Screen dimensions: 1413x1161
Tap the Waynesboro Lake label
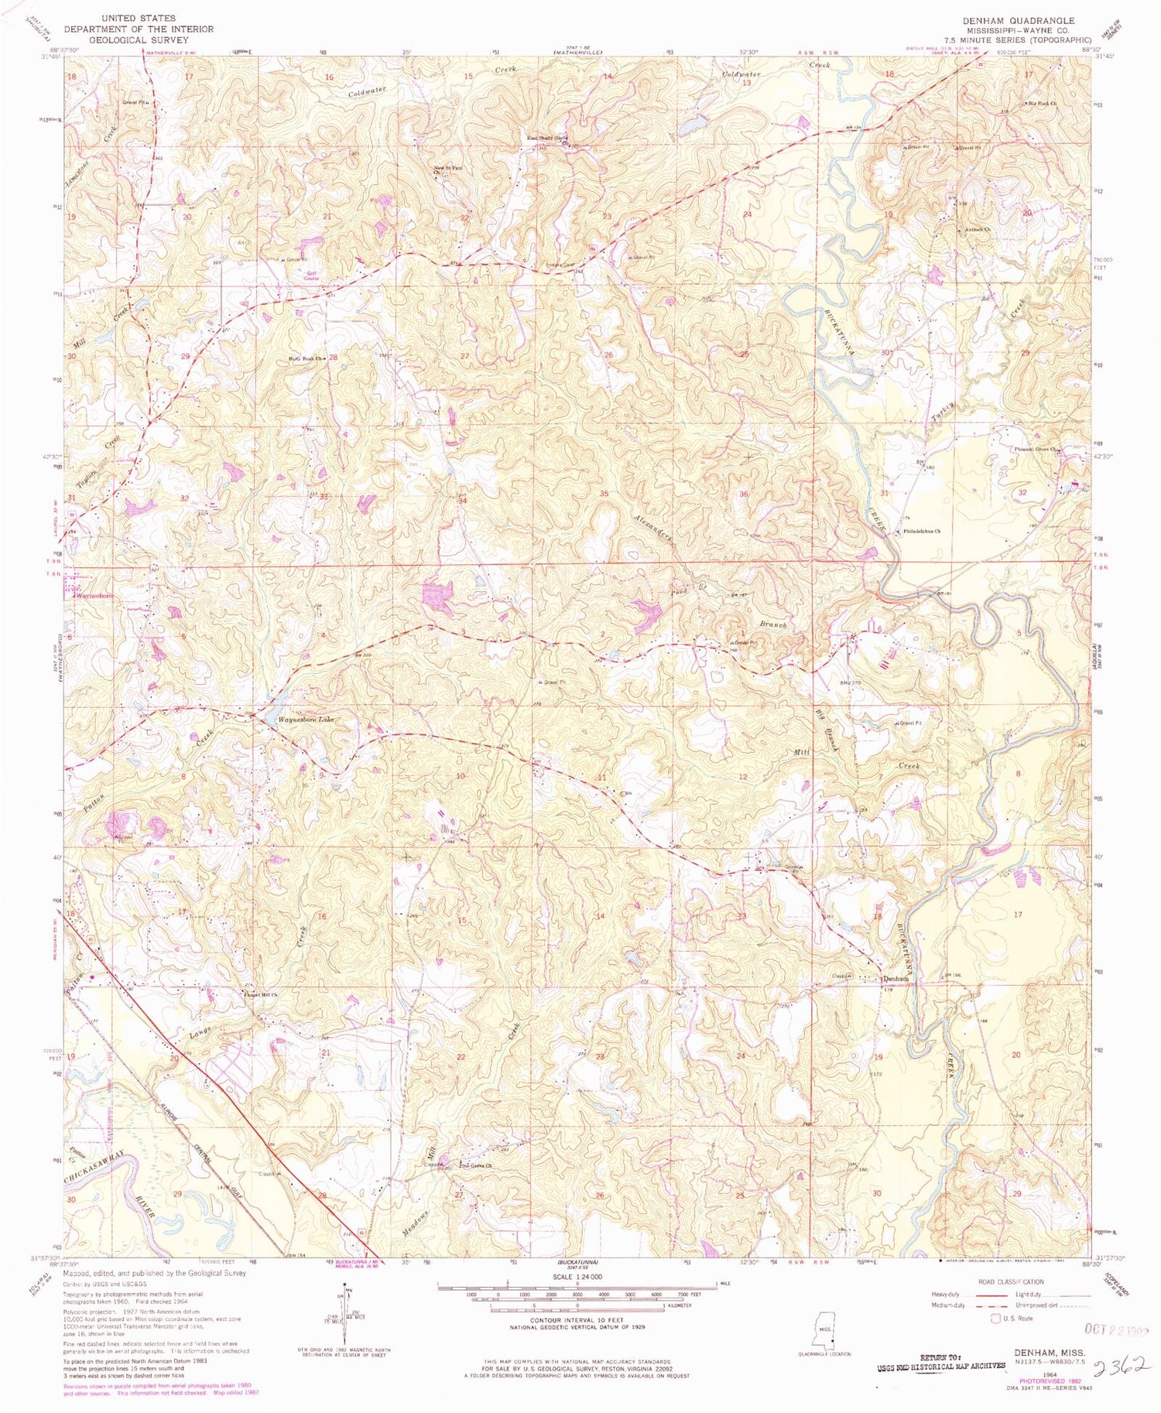(307, 720)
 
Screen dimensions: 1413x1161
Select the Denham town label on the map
(895, 978)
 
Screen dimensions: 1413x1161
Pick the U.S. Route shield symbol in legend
(995, 1318)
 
